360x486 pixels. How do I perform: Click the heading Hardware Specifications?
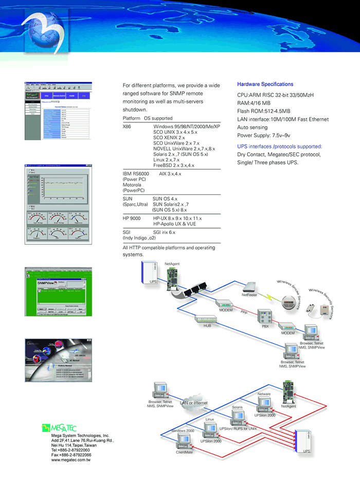(x=265, y=84)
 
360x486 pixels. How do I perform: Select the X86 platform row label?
(x=127, y=127)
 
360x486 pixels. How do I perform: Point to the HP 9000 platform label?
(x=131, y=219)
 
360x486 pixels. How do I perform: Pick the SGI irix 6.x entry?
(x=164, y=232)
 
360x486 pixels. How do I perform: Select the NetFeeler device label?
(x=249, y=295)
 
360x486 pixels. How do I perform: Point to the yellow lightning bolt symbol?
(x=269, y=296)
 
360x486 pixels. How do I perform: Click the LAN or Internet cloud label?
(x=194, y=403)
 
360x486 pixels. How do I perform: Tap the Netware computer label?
(x=264, y=394)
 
